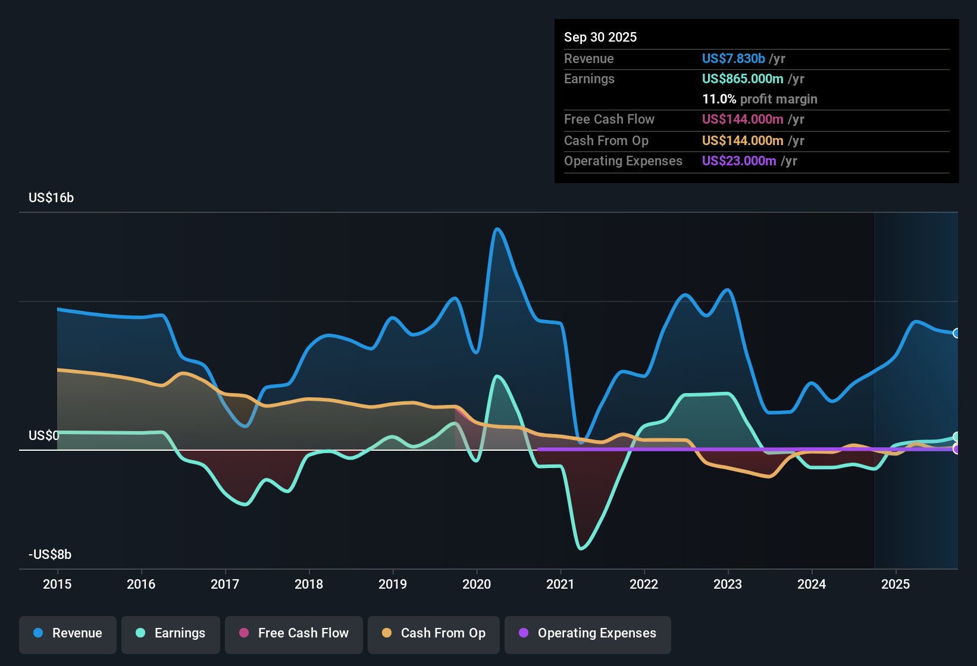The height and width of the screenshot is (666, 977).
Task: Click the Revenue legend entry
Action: coord(68,633)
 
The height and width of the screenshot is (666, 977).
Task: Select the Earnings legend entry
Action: coord(171,633)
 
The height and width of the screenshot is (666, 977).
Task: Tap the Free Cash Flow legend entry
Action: coord(294,633)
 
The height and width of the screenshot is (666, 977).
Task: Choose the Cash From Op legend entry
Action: coord(434,633)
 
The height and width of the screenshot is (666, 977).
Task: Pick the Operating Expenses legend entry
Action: coord(588,633)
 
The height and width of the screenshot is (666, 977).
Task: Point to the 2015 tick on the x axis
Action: coord(57,584)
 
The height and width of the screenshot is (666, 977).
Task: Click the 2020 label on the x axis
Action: coord(477,584)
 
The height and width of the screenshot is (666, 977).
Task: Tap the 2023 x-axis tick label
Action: coord(728,584)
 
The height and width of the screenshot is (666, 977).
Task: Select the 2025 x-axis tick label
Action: coord(895,584)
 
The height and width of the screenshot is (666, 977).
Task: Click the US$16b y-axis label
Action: coord(51,198)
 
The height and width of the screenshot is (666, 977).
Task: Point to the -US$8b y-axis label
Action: coord(50,555)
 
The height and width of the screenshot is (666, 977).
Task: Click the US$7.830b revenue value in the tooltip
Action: coord(733,58)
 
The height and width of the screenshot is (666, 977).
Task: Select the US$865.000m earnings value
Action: coord(743,78)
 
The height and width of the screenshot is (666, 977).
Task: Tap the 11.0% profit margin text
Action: coord(760,99)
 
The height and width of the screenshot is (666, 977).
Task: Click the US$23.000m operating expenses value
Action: coord(739,161)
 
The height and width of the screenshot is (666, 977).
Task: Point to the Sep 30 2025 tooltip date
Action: coord(600,37)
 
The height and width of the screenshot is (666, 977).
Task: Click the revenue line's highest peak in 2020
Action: coord(497,229)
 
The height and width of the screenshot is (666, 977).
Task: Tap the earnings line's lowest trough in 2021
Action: coord(581,548)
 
